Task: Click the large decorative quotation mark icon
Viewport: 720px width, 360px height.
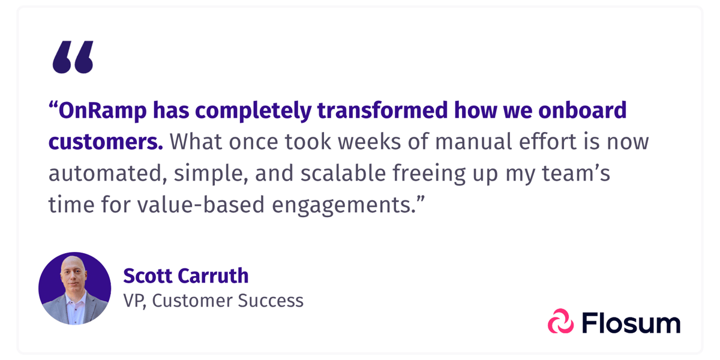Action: coord(73,58)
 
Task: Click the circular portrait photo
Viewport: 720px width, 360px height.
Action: coord(74,289)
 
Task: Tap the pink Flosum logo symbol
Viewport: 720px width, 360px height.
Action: coord(560,322)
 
